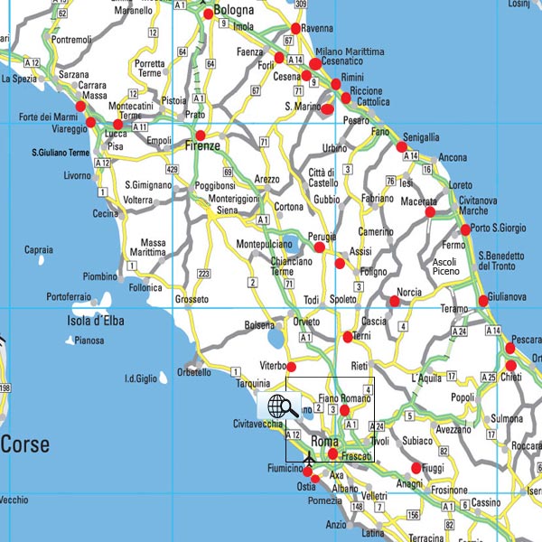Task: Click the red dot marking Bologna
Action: (209, 14)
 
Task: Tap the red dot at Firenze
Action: (201, 135)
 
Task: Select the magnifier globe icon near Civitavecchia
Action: (279, 406)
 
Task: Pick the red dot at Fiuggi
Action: (416, 468)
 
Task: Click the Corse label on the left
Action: (25, 444)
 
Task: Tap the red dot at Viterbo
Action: (291, 366)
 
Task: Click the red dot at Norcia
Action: (393, 302)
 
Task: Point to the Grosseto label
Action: (192, 299)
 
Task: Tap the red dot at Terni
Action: (348, 338)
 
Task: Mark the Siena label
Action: (226, 210)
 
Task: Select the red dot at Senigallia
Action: (401, 146)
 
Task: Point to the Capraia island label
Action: (39, 249)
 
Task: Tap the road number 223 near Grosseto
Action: (203, 275)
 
